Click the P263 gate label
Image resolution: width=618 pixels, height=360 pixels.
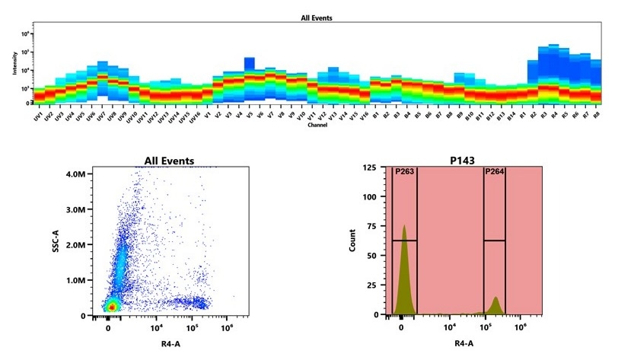click(x=403, y=172)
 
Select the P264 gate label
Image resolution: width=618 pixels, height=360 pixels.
click(x=494, y=172)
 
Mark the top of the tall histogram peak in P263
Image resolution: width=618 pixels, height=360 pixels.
click(x=404, y=226)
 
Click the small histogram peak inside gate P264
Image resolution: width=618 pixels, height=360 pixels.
click(x=495, y=298)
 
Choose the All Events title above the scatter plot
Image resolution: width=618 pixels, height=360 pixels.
click(x=169, y=161)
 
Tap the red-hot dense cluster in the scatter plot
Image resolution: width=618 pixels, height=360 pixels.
click(x=111, y=305)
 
